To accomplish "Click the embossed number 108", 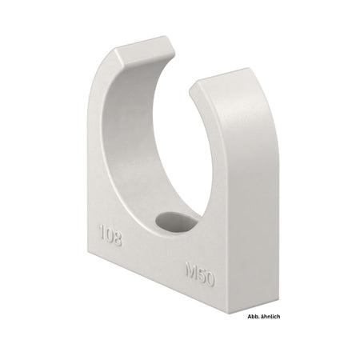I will click(110, 236).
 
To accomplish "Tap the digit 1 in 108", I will click(101, 234).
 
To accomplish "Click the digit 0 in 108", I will click(109, 236).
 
